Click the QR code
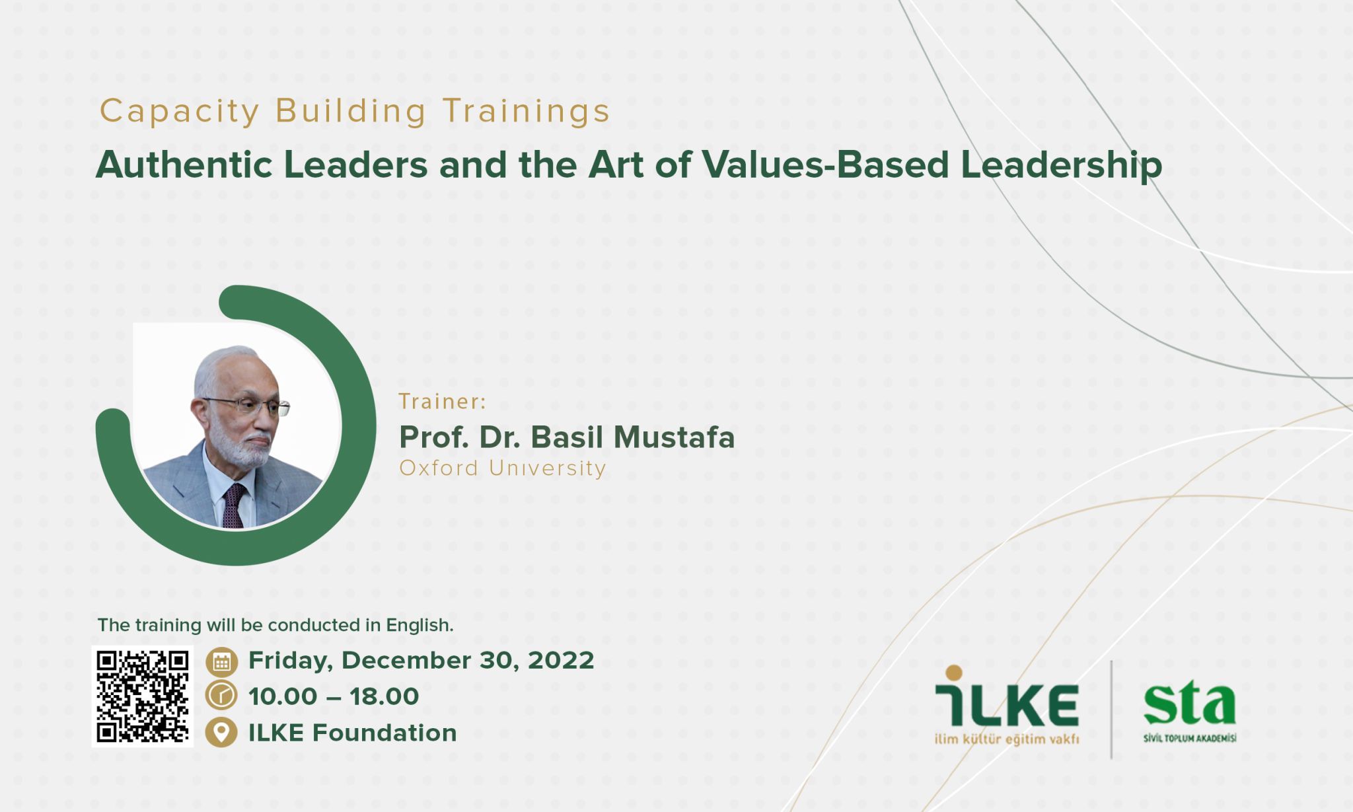(x=143, y=696)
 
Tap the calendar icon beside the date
(x=221, y=661)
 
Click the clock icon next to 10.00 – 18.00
(x=221, y=696)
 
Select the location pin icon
(x=221, y=732)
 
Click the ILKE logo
(x=1007, y=705)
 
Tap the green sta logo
(x=1190, y=713)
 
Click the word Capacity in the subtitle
(x=179, y=112)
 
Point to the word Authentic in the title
(x=184, y=165)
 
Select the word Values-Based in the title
(x=825, y=165)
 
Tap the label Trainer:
(x=442, y=402)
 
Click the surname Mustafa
(x=674, y=437)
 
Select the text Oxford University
(x=503, y=468)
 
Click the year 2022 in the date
(x=561, y=661)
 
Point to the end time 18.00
(x=384, y=696)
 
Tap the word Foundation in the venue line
(x=384, y=733)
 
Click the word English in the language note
(x=420, y=626)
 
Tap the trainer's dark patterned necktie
(x=233, y=505)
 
